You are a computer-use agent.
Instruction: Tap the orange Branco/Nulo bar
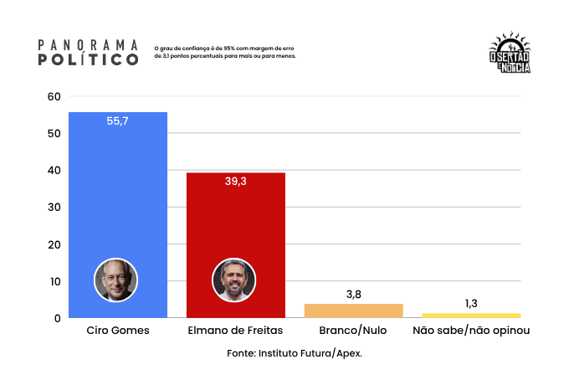coord(353,311)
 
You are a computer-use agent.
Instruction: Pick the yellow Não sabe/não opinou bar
coord(471,316)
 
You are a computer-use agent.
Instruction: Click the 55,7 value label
coord(118,121)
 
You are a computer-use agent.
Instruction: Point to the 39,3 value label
coord(235,182)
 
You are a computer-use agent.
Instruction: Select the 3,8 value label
coord(353,294)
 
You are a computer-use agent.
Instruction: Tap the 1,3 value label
coord(471,303)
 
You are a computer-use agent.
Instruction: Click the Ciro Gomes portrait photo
coord(115,280)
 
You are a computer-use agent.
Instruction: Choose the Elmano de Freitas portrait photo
coord(233,280)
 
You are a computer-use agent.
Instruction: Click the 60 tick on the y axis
coord(54,96)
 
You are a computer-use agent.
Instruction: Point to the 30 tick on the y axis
coord(54,208)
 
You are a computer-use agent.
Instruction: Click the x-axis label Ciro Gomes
coord(118,331)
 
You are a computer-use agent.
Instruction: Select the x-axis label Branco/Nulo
coord(353,331)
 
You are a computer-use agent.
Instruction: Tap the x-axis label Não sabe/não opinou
coord(471,331)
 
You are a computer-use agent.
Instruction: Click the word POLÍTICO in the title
coord(89,60)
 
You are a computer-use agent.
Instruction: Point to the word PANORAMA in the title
coord(89,44)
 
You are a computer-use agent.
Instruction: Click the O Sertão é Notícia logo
coord(509,55)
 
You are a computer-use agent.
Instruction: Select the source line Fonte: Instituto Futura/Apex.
coord(295,353)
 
